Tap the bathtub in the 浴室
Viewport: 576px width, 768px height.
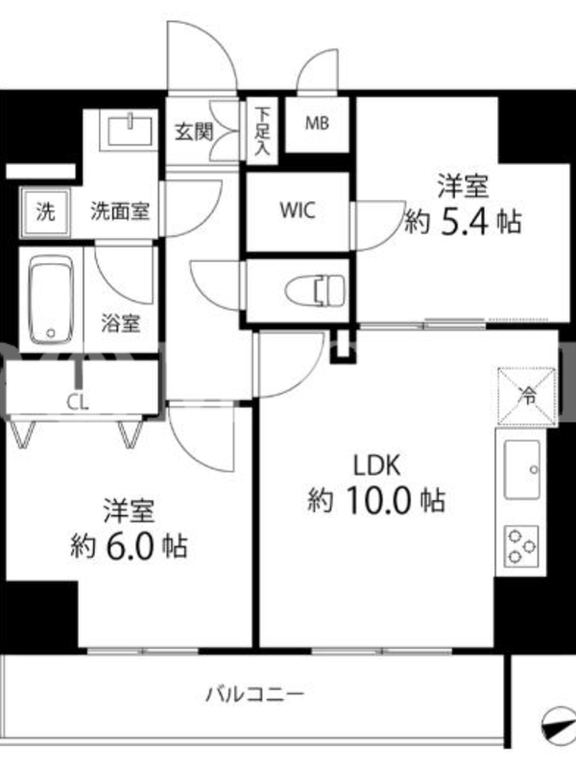(52, 300)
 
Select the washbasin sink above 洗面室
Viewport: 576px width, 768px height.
(130, 130)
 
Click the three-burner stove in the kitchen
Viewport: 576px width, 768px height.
(521, 543)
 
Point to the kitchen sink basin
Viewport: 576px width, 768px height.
(522, 469)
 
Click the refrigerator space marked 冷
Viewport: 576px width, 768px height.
(527, 396)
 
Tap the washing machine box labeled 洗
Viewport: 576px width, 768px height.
(45, 212)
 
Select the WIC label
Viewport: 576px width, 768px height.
(298, 210)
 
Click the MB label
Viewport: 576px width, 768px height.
(317, 124)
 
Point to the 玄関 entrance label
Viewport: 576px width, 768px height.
(195, 132)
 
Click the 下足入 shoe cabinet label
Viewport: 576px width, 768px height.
(262, 131)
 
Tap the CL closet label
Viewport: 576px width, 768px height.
(78, 402)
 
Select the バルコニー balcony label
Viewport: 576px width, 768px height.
(255, 693)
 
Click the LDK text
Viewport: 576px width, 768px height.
(377, 466)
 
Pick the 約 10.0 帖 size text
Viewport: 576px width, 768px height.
(376, 500)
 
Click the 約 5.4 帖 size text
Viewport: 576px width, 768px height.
(463, 223)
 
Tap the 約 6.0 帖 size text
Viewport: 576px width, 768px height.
(129, 546)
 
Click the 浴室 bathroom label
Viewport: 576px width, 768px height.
(121, 324)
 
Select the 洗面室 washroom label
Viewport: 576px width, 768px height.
(119, 211)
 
